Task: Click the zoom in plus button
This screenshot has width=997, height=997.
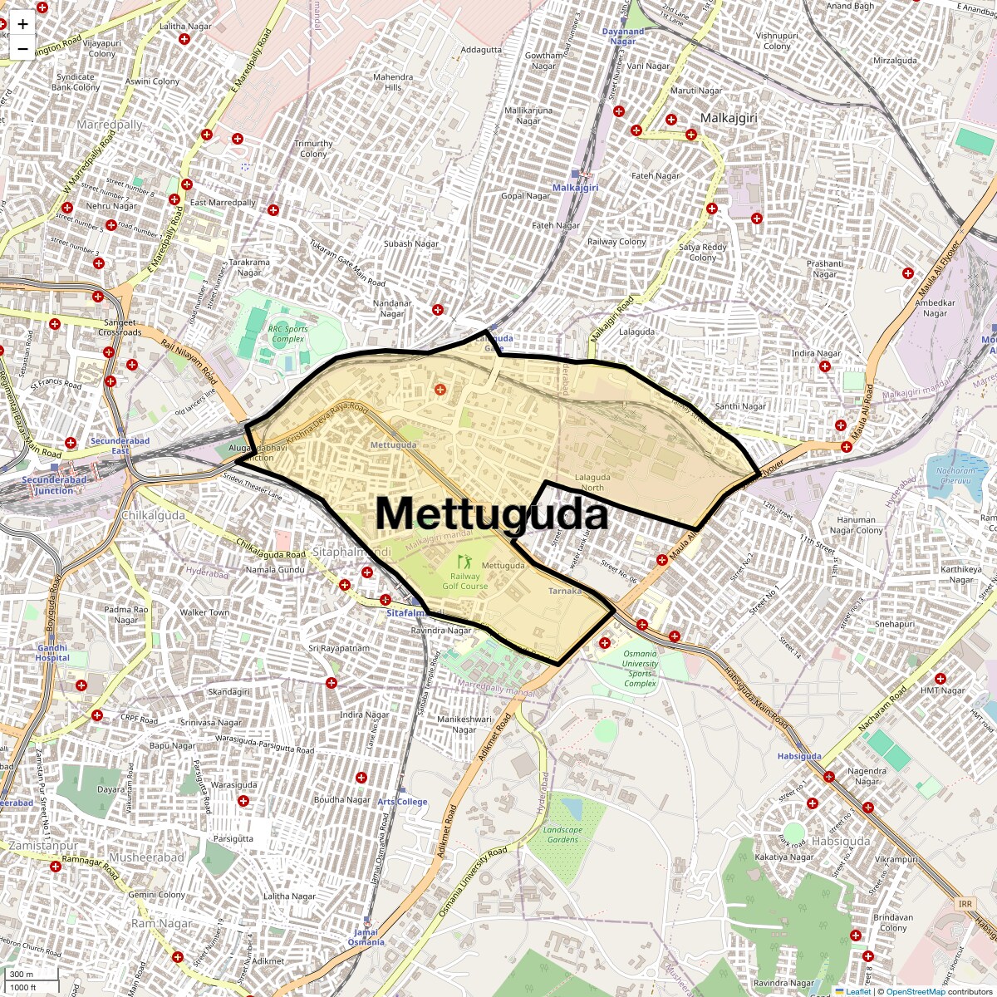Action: point(22,25)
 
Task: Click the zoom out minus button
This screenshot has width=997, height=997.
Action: point(22,49)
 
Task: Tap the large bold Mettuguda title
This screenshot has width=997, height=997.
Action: point(492,513)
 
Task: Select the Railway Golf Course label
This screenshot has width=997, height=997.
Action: point(464,581)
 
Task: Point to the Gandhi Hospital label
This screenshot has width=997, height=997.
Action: point(52,652)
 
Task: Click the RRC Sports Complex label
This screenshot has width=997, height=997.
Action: point(287,334)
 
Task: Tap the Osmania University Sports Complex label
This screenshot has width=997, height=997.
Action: point(640,668)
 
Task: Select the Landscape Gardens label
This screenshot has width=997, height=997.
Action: point(562,834)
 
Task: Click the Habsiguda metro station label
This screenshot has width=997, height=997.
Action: point(799,756)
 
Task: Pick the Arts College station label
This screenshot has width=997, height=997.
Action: point(402,802)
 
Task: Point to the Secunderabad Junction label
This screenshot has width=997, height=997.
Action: point(53,485)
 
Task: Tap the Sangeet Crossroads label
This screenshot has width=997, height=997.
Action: point(120,327)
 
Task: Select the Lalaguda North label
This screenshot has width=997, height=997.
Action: point(592,482)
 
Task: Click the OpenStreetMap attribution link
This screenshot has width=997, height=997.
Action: point(915,991)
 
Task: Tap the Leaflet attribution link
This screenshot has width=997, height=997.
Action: point(857,991)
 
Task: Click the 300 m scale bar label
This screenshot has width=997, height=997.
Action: point(22,974)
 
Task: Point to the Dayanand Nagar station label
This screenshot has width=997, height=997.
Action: point(623,37)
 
